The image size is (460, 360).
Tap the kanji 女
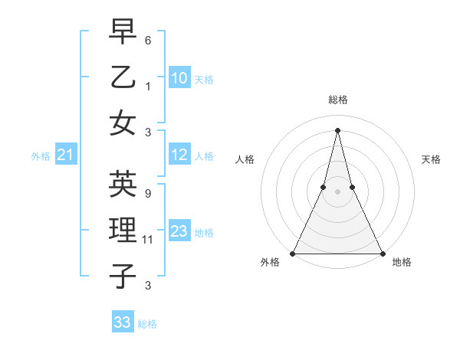pos(123,123)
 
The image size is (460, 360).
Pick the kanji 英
pos(123,184)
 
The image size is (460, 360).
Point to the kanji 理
pos(123,231)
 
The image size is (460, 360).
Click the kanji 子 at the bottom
pos(123,276)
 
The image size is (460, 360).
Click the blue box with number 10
pos(179,78)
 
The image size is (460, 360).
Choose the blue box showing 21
pos(65,155)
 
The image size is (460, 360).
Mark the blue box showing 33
pos(122,322)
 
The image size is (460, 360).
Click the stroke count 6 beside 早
pos(148,39)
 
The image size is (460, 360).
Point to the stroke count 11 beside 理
pos(149,240)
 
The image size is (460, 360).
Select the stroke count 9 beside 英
pos(148,194)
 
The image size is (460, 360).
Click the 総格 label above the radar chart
pos(337,100)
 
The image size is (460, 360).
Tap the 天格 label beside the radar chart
pos(432,159)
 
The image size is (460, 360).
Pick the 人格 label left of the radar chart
pos(245,159)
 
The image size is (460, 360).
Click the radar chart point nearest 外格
pos(293,254)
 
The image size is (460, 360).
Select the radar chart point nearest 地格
pos(382,254)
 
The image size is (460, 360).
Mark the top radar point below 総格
pos(337,129)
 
